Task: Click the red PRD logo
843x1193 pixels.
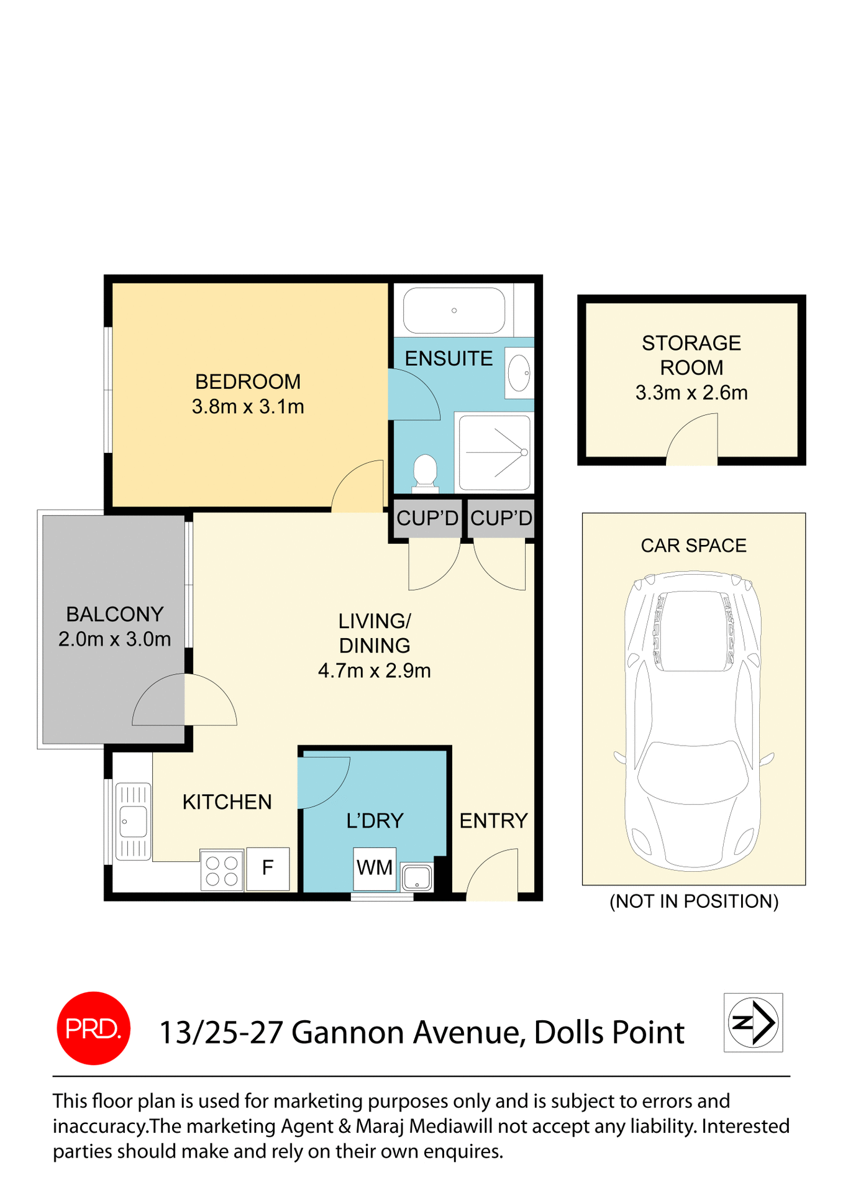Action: click(x=93, y=1028)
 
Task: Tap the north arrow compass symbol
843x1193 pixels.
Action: click(x=753, y=1022)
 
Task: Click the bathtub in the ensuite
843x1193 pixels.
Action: click(x=453, y=310)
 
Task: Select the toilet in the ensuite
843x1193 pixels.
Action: click(x=426, y=471)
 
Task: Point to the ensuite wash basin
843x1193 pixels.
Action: click(x=519, y=373)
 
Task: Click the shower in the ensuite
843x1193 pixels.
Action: click(x=494, y=452)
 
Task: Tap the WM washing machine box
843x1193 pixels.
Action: click(x=375, y=867)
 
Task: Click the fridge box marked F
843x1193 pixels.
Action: click(x=268, y=868)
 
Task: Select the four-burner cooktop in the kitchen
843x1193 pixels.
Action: click(x=222, y=871)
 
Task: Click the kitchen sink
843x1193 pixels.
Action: click(x=133, y=821)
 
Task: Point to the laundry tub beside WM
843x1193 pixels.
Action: click(x=417, y=877)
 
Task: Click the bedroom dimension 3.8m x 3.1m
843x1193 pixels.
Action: click(x=248, y=407)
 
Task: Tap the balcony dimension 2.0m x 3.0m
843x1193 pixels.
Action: click(x=114, y=639)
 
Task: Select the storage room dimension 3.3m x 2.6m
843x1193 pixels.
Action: click(x=691, y=393)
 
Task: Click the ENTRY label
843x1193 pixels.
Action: click(x=493, y=821)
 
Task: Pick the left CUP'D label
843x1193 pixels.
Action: click(x=427, y=518)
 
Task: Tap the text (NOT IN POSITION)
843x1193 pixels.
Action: click(x=693, y=901)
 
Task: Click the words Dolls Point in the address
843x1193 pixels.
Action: click(x=608, y=1032)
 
